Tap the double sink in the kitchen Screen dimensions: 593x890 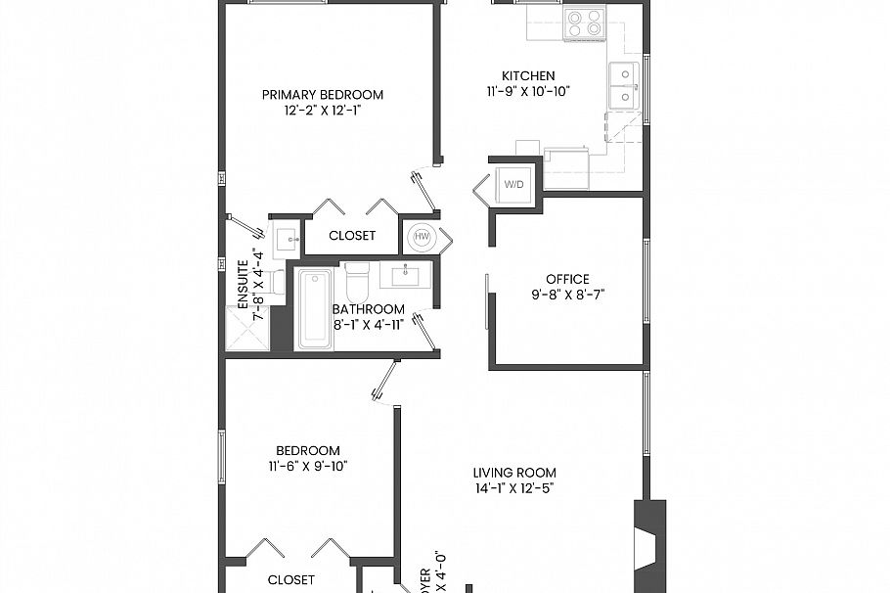pos(623,84)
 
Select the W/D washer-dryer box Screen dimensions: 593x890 pos(513,184)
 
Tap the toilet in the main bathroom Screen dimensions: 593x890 pos(357,281)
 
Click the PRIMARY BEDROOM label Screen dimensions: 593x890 pos(322,95)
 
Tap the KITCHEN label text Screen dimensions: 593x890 pos(528,75)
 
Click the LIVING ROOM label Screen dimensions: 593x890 pos(514,473)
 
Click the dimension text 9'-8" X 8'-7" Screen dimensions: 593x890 pos(567,295)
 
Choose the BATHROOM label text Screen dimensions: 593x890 pos(368,309)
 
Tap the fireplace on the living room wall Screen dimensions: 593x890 pos(649,547)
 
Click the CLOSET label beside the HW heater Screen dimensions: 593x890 pos(352,236)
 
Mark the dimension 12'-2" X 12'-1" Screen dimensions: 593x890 pos(322,111)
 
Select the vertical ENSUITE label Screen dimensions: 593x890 pos(244,284)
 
